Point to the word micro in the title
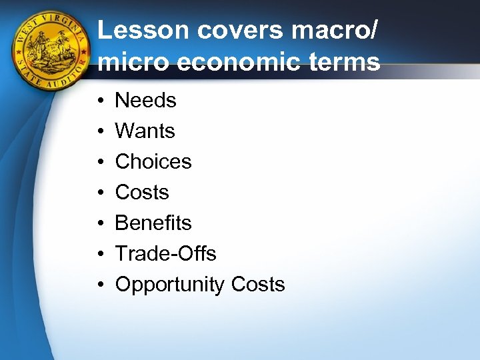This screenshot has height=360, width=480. [133, 62]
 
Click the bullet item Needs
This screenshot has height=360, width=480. [145, 101]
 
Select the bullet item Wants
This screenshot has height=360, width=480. [145, 131]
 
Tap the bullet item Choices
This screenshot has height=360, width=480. [153, 162]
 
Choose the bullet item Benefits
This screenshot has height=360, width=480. [153, 223]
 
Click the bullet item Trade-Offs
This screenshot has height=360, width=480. [165, 254]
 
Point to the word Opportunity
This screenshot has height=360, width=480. [170, 285]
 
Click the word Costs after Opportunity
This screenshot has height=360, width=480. [258, 285]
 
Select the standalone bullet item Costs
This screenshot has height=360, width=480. [142, 193]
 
